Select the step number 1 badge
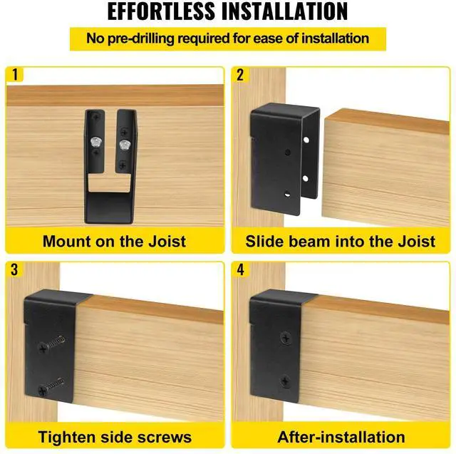click(14, 74)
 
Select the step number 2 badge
click(240, 74)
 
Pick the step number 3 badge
click(14, 269)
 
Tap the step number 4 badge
click(240, 269)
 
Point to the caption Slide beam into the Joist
click(340, 240)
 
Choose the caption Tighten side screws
click(114, 436)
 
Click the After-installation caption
click(341, 436)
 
